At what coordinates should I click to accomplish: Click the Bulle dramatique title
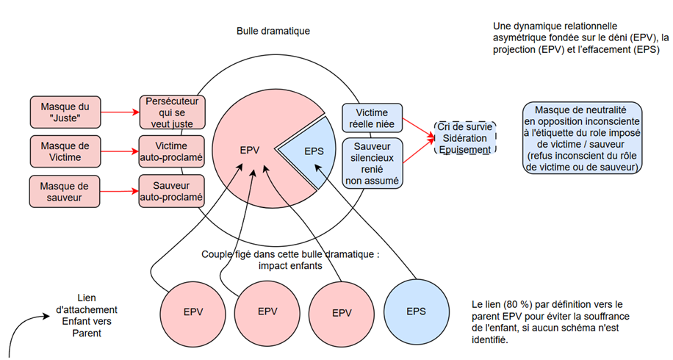click(x=273, y=32)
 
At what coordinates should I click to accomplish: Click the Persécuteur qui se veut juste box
click(x=171, y=112)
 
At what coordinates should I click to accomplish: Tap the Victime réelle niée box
click(x=372, y=119)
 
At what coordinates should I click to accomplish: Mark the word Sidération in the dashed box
click(x=464, y=138)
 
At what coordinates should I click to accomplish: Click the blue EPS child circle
click(x=415, y=311)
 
